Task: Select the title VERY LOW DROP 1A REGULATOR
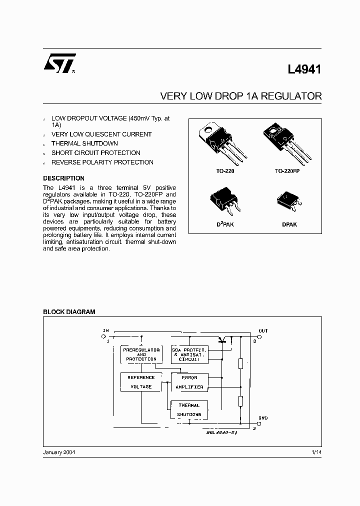(240, 96)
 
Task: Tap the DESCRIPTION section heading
(63, 178)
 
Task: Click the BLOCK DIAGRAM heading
(69, 312)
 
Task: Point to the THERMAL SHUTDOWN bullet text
(84, 143)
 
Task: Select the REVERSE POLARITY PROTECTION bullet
(102, 162)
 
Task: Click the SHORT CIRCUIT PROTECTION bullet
(95, 153)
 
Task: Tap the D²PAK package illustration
(224, 199)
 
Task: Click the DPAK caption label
(289, 225)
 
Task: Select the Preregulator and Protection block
(141, 354)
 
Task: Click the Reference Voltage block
(141, 382)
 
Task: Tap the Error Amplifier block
(189, 382)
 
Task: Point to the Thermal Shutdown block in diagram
(189, 410)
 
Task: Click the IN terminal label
(105, 330)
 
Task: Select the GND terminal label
(262, 417)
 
